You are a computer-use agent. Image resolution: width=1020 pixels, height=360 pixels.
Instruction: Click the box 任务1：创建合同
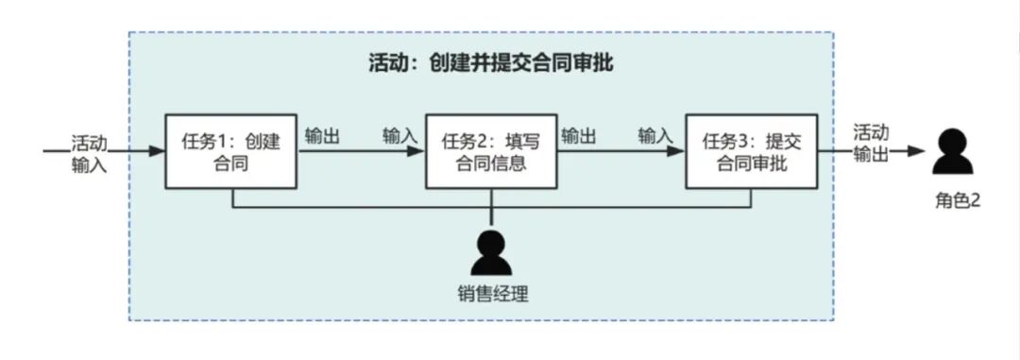[231, 151]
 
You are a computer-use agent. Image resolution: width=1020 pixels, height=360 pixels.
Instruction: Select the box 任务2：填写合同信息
[491, 151]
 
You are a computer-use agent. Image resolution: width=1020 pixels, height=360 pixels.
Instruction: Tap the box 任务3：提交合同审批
[751, 151]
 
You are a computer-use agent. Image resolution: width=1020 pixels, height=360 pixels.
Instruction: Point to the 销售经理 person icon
[491, 251]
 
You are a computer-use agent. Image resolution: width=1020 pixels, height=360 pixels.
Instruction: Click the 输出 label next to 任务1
[322, 136]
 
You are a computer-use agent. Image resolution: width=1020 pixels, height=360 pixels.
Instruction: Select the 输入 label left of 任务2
[399, 136]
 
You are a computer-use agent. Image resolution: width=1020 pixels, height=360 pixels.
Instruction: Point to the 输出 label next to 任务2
[578, 136]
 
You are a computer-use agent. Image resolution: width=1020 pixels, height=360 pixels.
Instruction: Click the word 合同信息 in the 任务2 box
[491, 163]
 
